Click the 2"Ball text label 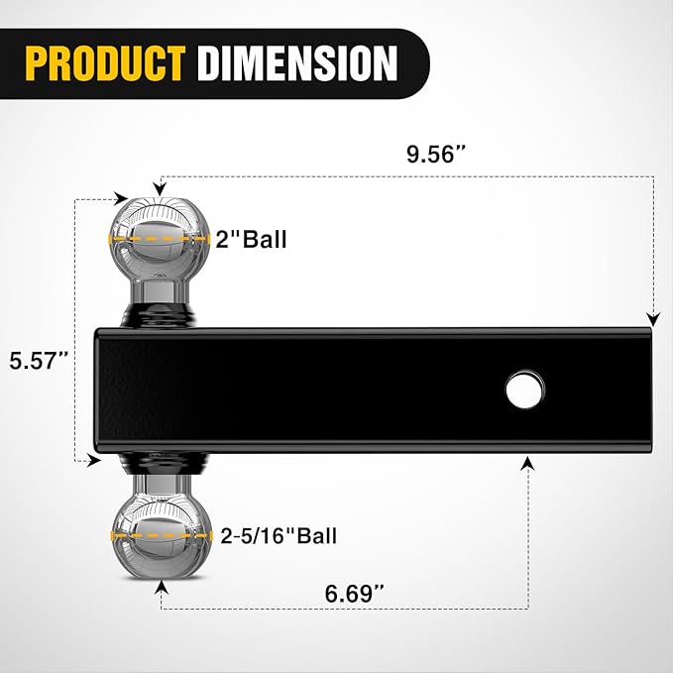point(252,239)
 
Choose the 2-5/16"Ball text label point(279,536)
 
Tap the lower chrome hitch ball point(161,533)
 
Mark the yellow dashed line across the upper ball point(161,239)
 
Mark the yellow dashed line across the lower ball point(161,535)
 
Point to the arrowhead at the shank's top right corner point(651,318)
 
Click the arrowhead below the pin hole point(527,463)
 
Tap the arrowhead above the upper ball point(161,184)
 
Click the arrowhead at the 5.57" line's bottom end point(95,460)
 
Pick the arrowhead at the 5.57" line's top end point(121,199)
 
